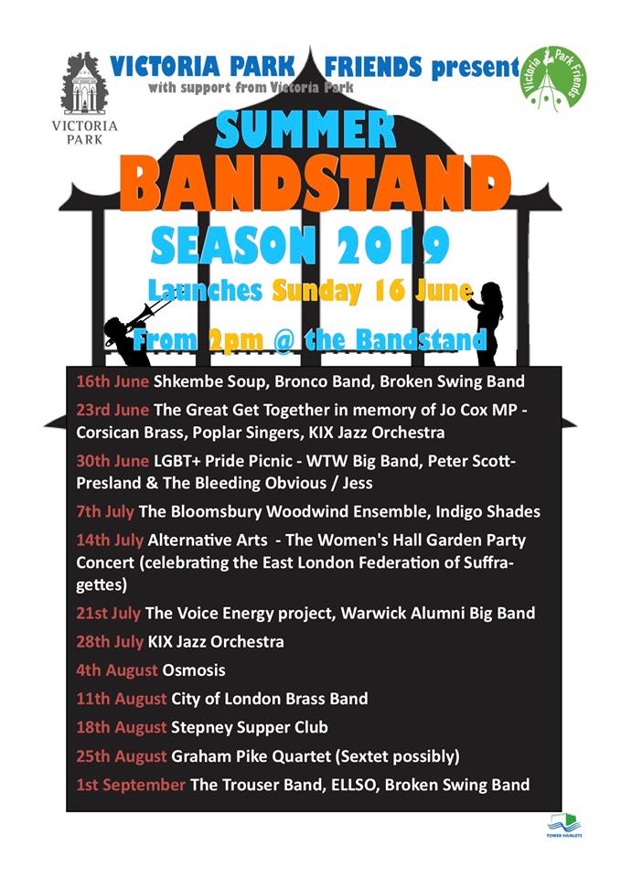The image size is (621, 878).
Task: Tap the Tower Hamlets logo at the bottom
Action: [x=564, y=827]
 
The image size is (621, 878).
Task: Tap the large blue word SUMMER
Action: [x=305, y=129]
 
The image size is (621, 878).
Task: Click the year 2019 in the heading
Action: [x=393, y=245]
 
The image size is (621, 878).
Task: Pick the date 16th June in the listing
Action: [x=112, y=381]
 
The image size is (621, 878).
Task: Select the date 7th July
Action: [x=104, y=511]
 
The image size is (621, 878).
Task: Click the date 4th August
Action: [x=116, y=670]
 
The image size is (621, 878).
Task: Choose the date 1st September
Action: [x=131, y=785]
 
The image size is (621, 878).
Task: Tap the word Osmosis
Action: [x=194, y=670]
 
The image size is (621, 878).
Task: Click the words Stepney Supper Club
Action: [x=250, y=727]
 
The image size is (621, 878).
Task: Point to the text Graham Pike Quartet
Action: [x=252, y=756]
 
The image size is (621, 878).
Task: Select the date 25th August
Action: [x=122, y=756]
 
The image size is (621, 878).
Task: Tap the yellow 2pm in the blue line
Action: [x=235, y=340]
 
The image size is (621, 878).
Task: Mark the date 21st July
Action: [x=108, y=613]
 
